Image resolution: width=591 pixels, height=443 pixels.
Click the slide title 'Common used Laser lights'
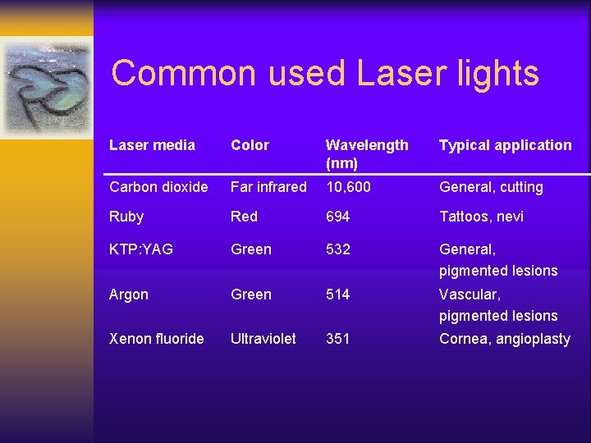(x=325, y=73)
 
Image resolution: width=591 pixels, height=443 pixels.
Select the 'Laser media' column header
(x=152, y=145)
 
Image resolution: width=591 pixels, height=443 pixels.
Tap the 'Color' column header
(x=250, y=145)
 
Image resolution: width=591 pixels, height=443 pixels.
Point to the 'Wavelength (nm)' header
(x=366, y=153)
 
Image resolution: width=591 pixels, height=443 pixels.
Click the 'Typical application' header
(x=505, y=145)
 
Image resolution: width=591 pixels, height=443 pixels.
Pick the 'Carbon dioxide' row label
(x=158, y=187)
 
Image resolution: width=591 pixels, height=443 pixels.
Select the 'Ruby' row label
(x=126, y=217)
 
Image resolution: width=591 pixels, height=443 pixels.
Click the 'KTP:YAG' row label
(x=141, y=249)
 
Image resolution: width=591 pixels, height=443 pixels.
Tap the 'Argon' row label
(x=130, y=295)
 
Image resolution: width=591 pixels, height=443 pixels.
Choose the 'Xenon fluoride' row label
(x=156, y=338)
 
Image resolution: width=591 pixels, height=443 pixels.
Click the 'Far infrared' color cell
(x=268, y=187)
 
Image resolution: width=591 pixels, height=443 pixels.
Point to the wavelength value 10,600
(x=348, y=187)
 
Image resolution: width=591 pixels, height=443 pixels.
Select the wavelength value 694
(x=337, y=217)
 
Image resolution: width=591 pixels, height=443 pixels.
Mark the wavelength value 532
(x=337, y=249)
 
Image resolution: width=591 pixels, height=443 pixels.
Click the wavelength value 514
(x=337, y=295)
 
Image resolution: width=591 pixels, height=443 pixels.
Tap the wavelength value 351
(x=337, y=338)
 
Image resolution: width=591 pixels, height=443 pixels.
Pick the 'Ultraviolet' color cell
(x=263, y=338)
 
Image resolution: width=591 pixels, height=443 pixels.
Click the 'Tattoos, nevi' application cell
(x=481, y=217)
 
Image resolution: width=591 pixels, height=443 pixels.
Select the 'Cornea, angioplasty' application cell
(x=504, y=339)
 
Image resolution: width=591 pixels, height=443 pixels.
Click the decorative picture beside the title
(x=46, y=87)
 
